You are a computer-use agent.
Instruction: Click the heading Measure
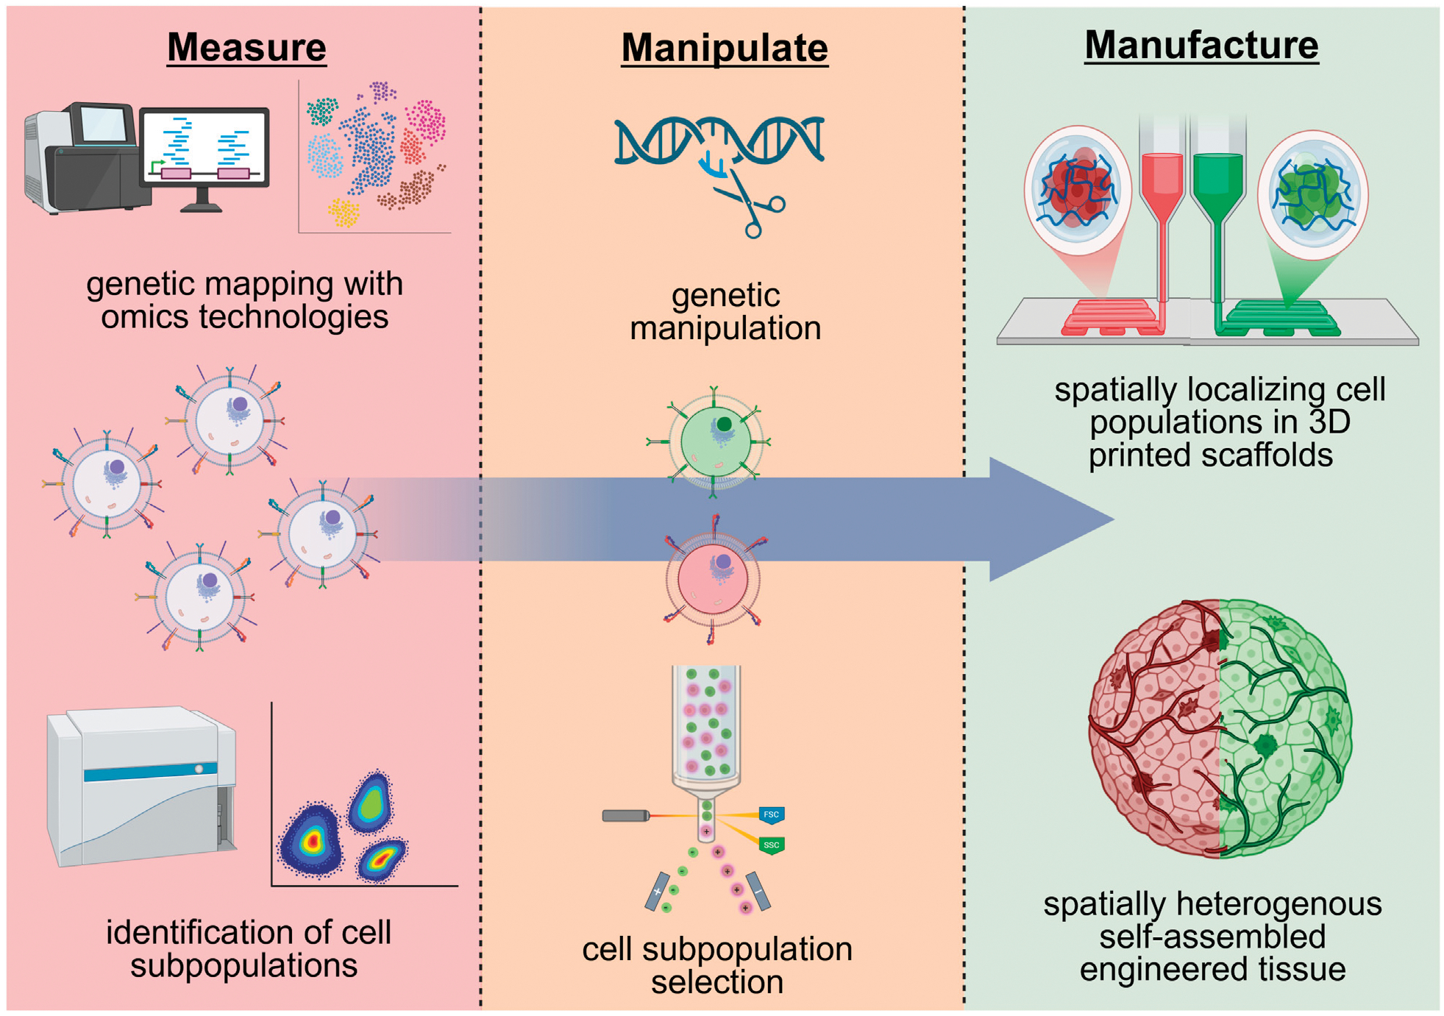click(x=246, y=47)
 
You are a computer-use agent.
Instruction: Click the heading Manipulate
click(x=725, y=49)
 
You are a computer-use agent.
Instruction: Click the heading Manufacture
click(x=1201, y=45)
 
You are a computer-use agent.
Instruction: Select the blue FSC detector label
click(x=771, y=815)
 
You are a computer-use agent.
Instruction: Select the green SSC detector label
click(x=771, y=845)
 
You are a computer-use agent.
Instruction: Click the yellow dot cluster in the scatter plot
click(x=343, y=213)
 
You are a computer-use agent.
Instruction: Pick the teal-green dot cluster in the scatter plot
click(x=321, y=111)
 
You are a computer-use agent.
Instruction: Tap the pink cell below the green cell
click(x=712, y=579)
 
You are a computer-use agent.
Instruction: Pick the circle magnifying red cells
click(x=1078, y=189)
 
